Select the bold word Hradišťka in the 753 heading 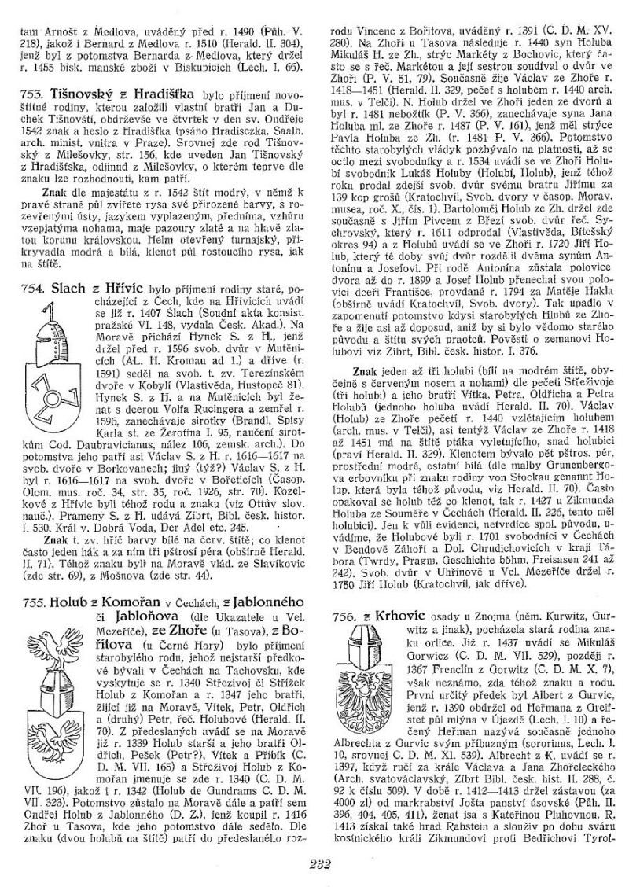(x=164, y=93)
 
